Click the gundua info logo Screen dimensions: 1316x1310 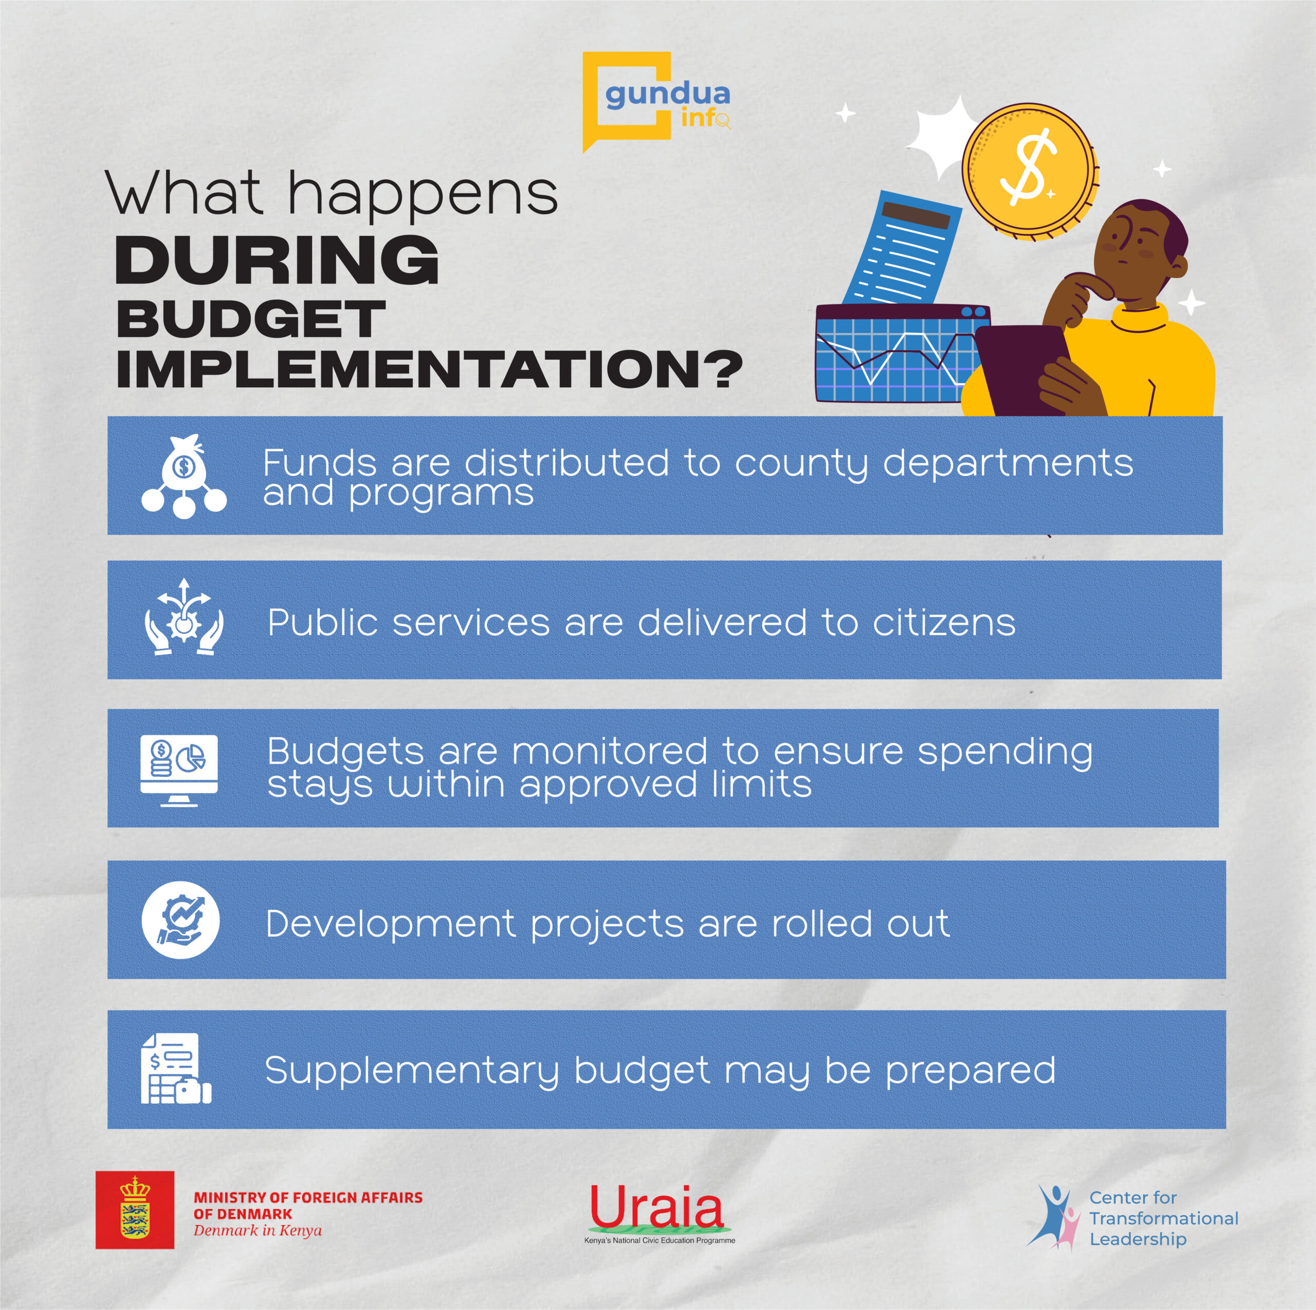click(656, 102)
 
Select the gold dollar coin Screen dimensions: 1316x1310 click(1030, 172)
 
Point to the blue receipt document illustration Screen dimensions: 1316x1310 click(903, 249)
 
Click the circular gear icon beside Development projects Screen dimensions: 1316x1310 click(180, 921)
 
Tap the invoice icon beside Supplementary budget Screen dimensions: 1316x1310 click(176, 1068)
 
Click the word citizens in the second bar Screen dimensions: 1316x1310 click(944, 622)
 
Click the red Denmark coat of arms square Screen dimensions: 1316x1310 click(135, 1210)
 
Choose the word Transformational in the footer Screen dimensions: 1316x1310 click(1164, 1218)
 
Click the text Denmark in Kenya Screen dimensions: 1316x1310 click(258, 1230)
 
